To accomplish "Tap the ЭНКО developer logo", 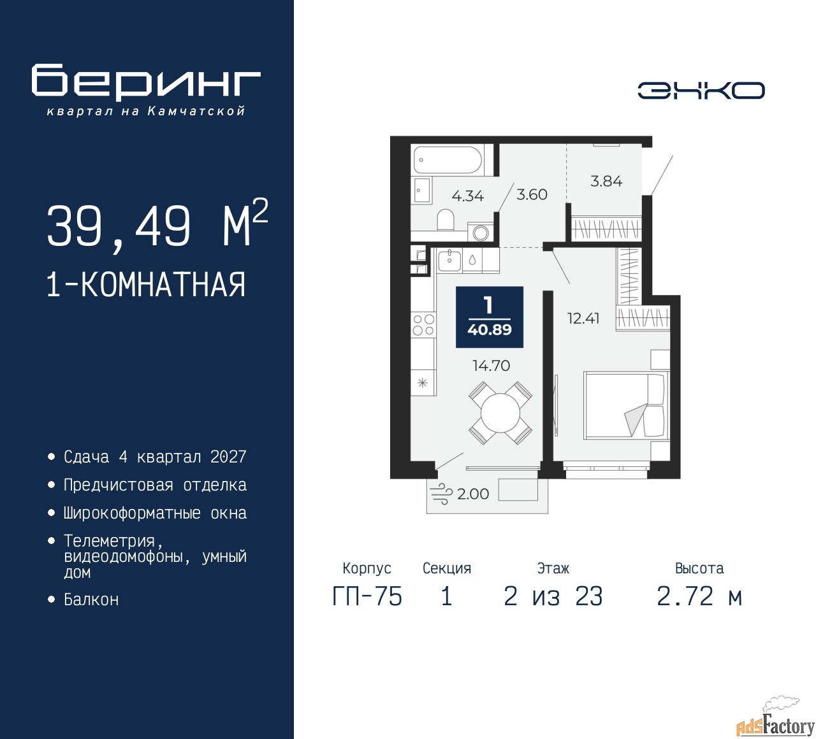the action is (701, 90).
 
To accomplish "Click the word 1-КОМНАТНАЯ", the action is (147, 285).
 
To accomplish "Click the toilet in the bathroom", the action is (446, 220).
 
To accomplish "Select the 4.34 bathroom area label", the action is (468, 196).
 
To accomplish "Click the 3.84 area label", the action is (606, 181).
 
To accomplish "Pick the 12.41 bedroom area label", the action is (583, 319).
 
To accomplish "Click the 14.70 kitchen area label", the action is (491, 366).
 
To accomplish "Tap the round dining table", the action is (500, 413).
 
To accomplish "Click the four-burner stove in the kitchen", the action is (423, 325).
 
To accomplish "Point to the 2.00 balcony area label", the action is (472, 494).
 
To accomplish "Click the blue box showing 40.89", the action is (490, 317).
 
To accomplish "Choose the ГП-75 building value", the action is (367, 596).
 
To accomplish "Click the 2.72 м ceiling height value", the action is (699, 596).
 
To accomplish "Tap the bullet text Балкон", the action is (91, 599).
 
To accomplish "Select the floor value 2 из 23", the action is (553, 596).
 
